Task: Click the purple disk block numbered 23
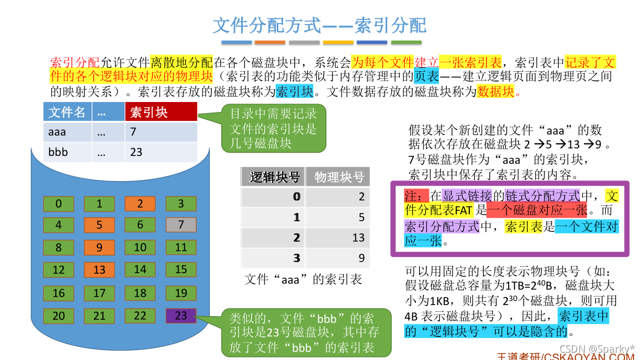click(x=181, y=316)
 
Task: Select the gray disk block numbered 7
click(x=181, y=225)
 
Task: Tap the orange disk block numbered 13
click(x=99, y=270)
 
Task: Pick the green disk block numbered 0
click(x=59, y=204)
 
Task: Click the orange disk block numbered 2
click(x=140, y=204)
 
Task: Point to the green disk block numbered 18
click(x=140, y=293)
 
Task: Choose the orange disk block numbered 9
click(x=99, y=248)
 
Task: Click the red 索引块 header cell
click(x=161, y=112)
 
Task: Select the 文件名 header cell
click(x=67, y=112)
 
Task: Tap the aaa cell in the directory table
click(x=67, y=132)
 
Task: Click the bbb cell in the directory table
click(x=67, y=152)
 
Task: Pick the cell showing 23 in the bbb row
click(x=161, y=152)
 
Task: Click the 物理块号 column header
click(x=338, y=177)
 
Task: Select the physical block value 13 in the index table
click(x=338, y=238)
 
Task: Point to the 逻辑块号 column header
click(x=274, y=177)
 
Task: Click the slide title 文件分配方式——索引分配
click(x=320, y=25)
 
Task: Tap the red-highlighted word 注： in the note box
click(x=416, y=196)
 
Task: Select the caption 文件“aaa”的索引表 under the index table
click(x=303, y=279)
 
